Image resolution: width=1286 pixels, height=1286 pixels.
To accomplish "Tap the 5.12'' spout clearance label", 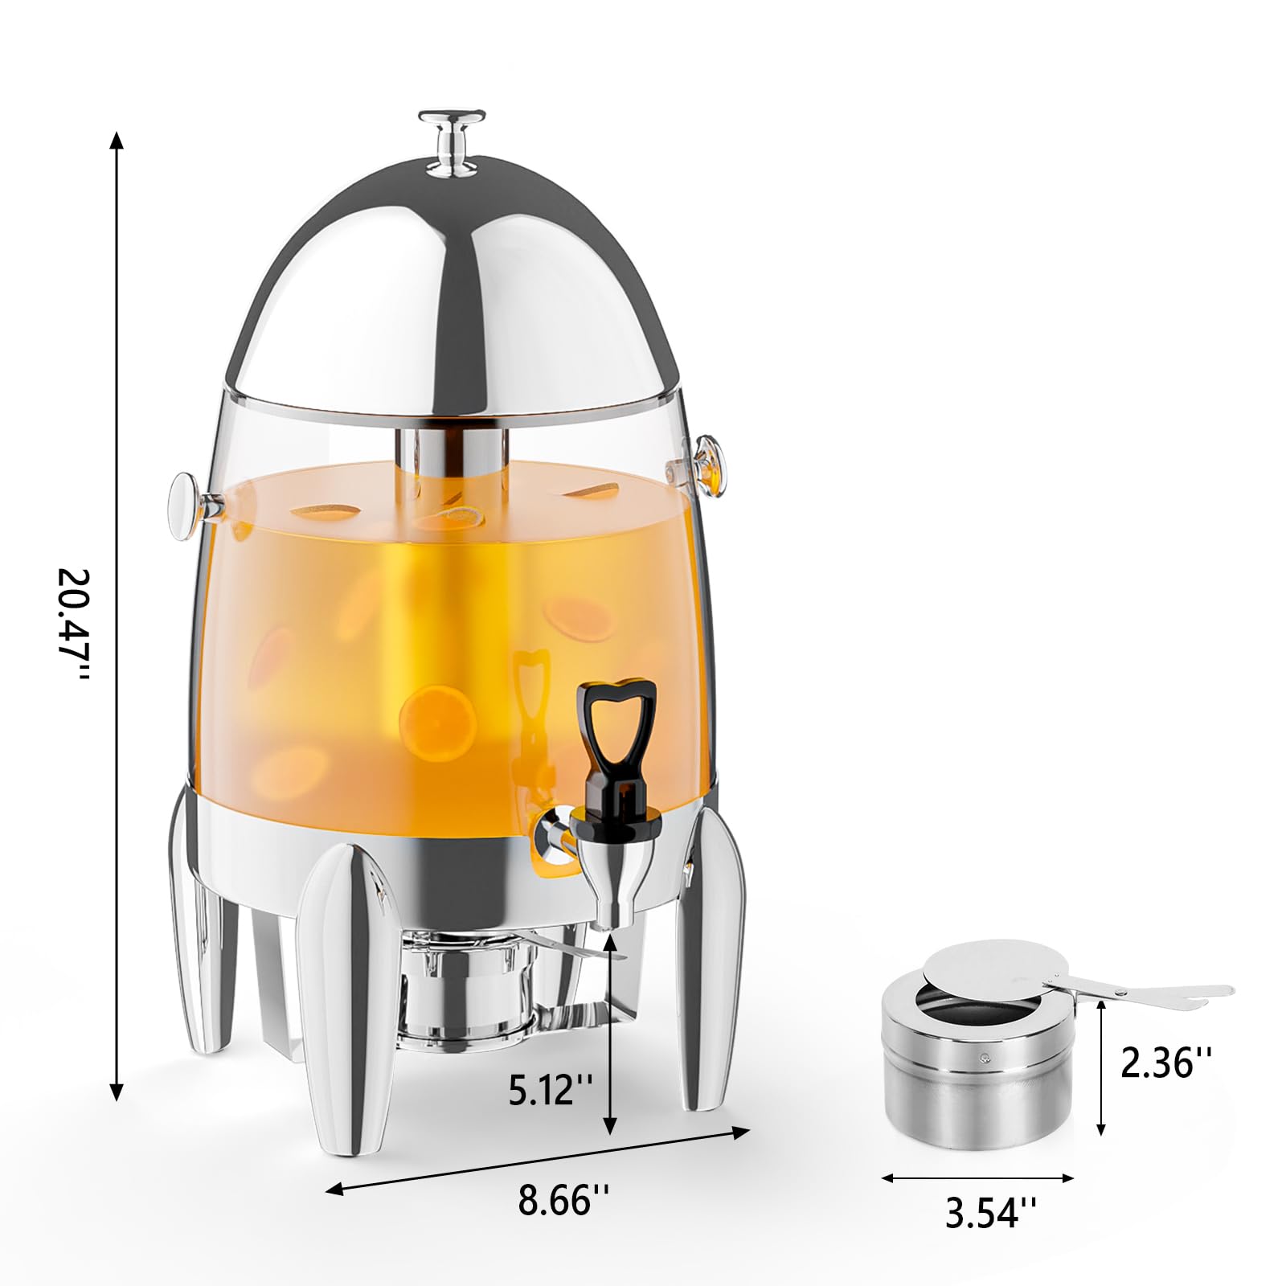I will [x=551, y=1089].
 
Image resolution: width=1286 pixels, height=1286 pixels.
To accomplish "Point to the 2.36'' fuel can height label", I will [x=1165, y=1063].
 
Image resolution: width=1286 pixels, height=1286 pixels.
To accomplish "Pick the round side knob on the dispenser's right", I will [x=709, y=464].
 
